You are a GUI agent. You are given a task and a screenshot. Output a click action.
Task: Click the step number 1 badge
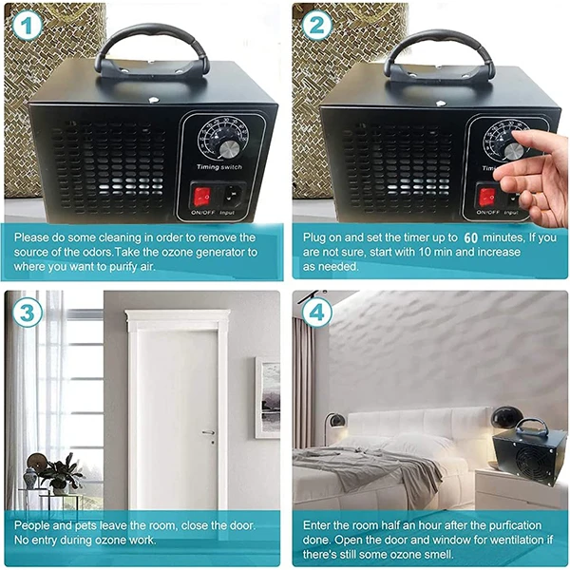click(27, 25)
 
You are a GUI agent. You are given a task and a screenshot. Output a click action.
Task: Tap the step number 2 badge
click(317, 25)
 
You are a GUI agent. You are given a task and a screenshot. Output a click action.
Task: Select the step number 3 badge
click(27, 313)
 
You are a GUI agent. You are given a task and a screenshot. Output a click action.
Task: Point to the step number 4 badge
click(317, 313)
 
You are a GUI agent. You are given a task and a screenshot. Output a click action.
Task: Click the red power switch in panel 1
click(202, 197)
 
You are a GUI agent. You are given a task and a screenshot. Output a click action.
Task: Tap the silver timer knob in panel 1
click(229, 149)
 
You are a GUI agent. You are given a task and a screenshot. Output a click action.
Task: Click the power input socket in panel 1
click(232, 197)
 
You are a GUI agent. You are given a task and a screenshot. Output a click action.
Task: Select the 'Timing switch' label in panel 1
click(219, 167)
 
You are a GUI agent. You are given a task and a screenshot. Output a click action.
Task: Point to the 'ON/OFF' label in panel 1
click(203, 212)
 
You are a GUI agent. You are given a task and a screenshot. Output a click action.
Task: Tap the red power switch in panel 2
click(487, 197)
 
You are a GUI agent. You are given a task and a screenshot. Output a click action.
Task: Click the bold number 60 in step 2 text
click(471, 237)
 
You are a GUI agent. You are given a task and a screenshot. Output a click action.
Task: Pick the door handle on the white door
click(209, 432)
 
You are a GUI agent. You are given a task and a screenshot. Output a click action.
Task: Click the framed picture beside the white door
click(268, 397)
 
